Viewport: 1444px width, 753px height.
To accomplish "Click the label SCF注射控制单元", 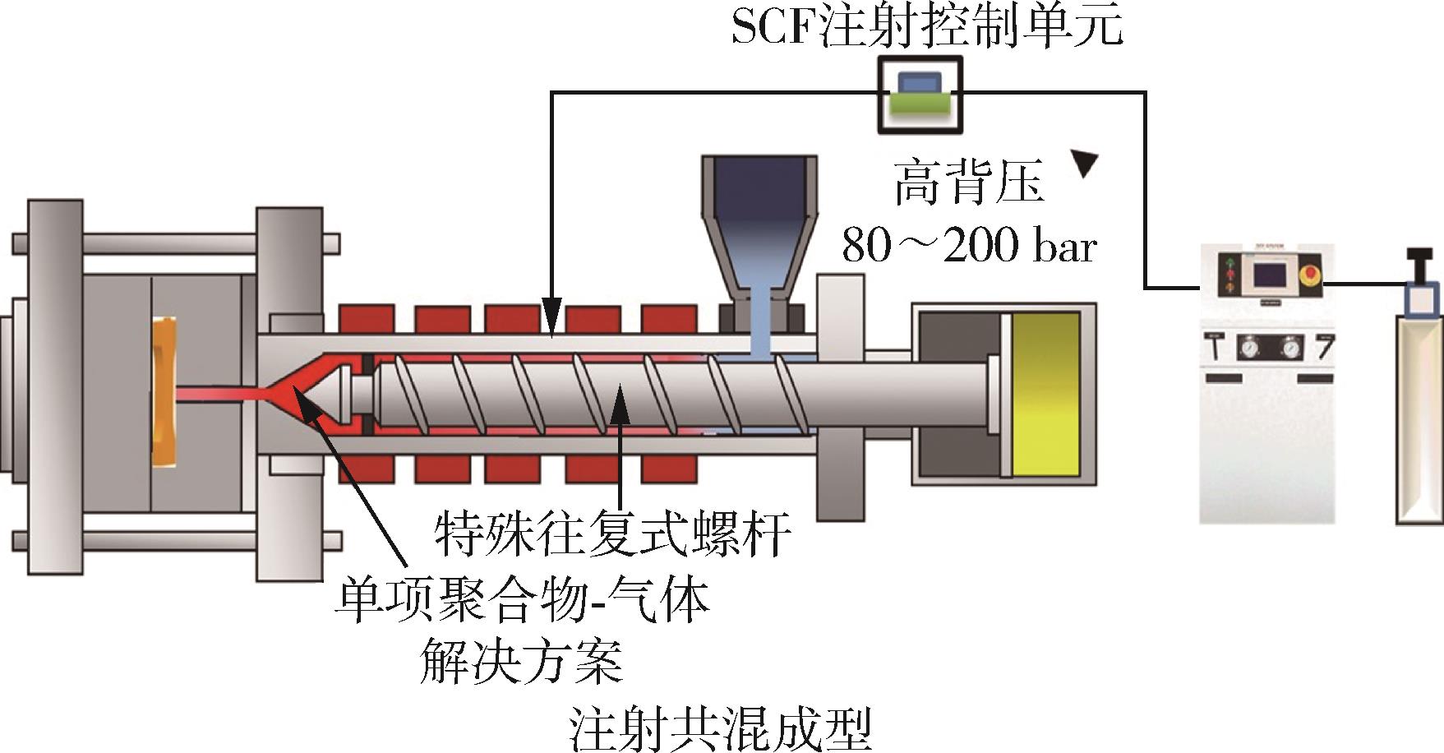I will (x=926, y=27).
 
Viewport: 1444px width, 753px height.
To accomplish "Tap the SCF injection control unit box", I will (x=919, y=94).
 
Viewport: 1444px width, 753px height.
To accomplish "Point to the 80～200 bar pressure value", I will (x=969, y=245).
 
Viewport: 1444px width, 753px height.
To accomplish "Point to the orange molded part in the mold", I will (x=164, y=392).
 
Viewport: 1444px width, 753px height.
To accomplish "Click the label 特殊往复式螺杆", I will (x=612, y=534).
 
